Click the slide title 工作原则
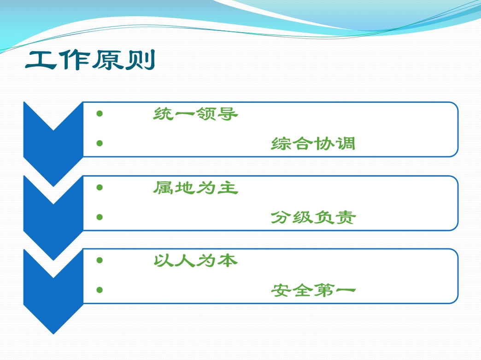pyautogui.click(x=90, y=59)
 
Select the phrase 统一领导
pyautogui.click(x=196, y=114)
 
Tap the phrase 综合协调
pyautogui.click(x=313, y=143)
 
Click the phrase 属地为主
pyautogui.click(x=196, y=188)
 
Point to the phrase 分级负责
pyautogui.click(x=313, y=217)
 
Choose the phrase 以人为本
pyautogui.click(x=196, y=260)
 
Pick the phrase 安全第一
pyautogui.click(x=313, y=290)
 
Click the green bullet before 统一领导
pyautogui.click(x=100, y=113)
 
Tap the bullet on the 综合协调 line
pyautogui.click(x=100, y=143)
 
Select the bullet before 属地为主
pyautogui.click(x=100, y=187)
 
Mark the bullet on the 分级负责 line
pyautogui.click(x=100, y=217)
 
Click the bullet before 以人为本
pyautogui.click(x=100, y=260)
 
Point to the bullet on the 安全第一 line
pyautogui.click(x=100, y=290)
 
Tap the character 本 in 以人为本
pyautogui.click(x=228, y=260)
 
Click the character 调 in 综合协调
pyautogui.click(x=346, y=143)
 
